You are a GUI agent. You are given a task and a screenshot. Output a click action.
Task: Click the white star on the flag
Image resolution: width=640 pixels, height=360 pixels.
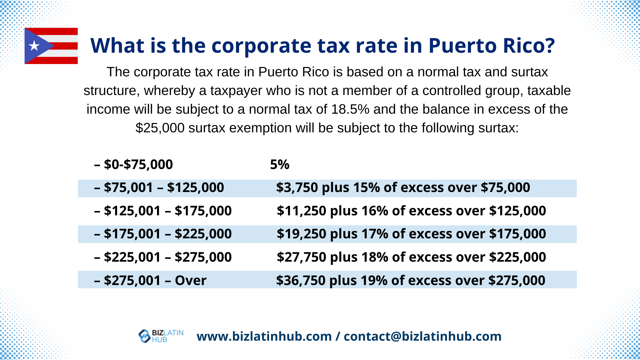(x=34, y=46)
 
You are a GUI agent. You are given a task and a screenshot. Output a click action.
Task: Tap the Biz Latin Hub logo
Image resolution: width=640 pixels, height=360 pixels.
(x=161, y=336)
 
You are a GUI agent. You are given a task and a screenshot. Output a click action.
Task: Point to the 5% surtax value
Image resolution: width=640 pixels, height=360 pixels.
(x=280, y=165)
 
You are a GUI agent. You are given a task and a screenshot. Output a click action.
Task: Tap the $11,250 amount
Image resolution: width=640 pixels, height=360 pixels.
(x=301, y=211)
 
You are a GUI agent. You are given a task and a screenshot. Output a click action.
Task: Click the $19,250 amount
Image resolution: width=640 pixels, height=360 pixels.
(x=301, y=234)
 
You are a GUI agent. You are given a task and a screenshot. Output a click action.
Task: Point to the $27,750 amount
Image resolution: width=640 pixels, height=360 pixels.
(x=301, y=257)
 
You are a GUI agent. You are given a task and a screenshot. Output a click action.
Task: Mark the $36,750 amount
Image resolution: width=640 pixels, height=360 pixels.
(x=301, y=281)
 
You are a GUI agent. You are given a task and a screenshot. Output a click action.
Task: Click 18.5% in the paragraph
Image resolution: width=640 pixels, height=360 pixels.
(x=350, y=109)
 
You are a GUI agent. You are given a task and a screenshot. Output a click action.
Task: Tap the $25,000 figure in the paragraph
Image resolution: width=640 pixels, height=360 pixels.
(x=160, y=128)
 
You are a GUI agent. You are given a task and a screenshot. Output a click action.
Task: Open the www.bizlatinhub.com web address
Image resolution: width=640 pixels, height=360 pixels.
(x=264, y=336)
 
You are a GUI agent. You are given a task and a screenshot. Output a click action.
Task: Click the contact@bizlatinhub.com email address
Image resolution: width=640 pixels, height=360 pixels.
(x=422, y=336)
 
